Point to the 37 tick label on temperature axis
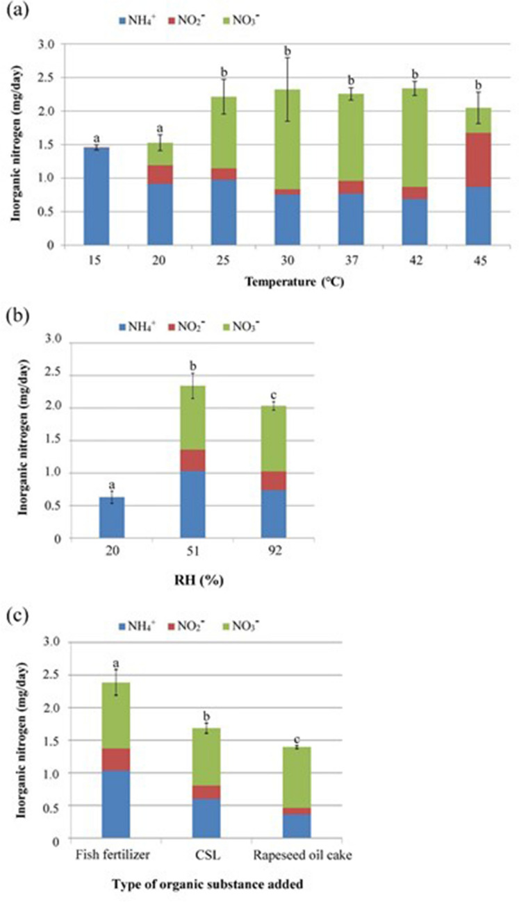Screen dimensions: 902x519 point(351,257)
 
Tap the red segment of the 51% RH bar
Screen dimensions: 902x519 point(192,460)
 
